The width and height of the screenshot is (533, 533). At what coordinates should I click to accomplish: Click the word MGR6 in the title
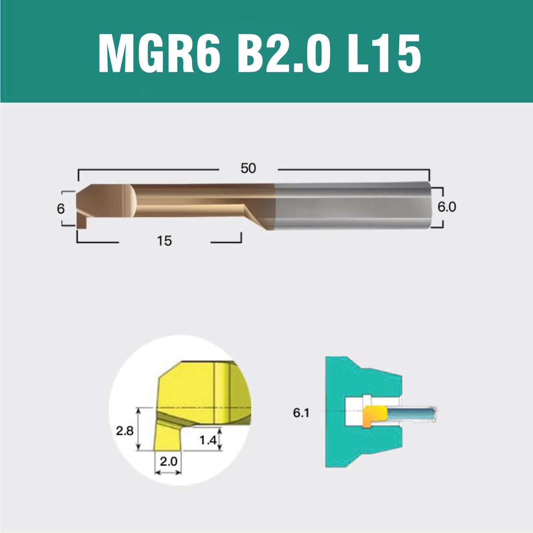tap(159, 54)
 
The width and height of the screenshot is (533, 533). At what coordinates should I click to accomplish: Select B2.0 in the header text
tap(284, 54)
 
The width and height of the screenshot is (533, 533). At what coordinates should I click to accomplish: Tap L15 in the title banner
tap(385, 54)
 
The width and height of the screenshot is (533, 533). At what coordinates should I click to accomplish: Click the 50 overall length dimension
tap(248, 168)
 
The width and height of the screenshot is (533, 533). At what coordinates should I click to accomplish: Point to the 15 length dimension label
tap(164, 241)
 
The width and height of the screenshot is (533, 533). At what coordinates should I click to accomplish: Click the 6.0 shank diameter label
tap(447, 207)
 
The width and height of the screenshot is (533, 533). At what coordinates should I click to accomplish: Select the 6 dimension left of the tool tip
tap(60, 209)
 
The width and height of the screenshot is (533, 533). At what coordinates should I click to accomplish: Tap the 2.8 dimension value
tap(125, 431)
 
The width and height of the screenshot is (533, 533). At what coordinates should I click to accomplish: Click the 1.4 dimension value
tap(208, 440)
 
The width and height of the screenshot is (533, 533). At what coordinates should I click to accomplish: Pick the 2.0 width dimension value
tap(169, 462)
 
